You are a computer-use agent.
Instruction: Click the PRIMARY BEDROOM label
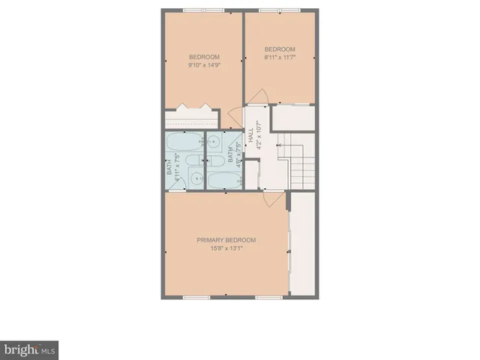pyautogui.click(x=226, y=240)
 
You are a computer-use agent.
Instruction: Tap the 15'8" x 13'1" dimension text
pyautogui.click(x=226, y=250)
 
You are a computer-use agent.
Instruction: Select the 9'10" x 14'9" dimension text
pyautogui.click(x=204, y=65)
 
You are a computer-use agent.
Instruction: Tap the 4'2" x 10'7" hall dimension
pyautogui.click(x=259, y=139)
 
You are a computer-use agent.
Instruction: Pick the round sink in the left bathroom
pyautogui.click(x=194, y=178)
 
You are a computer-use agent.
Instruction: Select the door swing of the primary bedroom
pyautogui.click(x=275, y=198)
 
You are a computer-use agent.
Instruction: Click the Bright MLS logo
pyautogui.click(x=29, y=349)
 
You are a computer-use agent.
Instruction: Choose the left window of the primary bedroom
pyautogui.click(x=196, y=298)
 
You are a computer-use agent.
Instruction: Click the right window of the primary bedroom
pyautogui.click(x=266, y=298)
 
